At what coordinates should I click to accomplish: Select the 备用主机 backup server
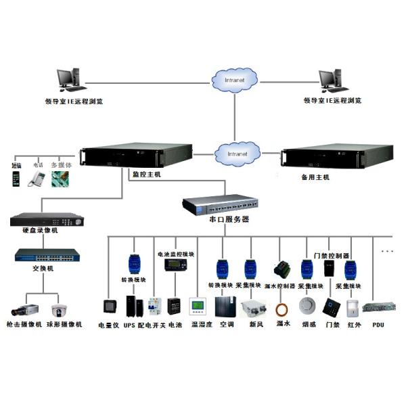[x=327, y=157]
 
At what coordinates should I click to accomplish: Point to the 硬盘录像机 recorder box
[x=46, y=221]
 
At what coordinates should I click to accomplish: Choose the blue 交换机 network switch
[x=46, y=256]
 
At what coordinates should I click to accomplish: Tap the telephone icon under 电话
[x=36, y=179]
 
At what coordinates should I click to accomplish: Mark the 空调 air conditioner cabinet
[x=224, y=306]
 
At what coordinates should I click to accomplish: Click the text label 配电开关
[x=150, y=325]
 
